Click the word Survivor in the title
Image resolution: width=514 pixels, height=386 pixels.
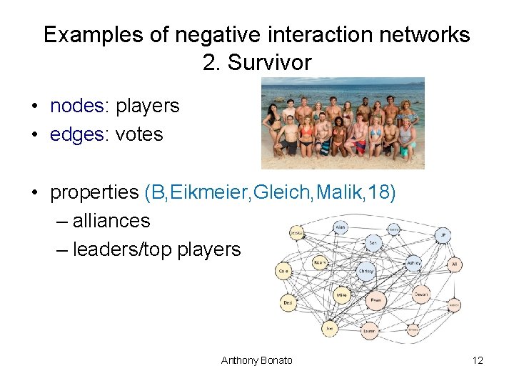pos(269,63)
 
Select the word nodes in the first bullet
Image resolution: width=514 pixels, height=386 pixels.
pos(76,106)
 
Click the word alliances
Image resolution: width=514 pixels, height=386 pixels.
pos(111,221)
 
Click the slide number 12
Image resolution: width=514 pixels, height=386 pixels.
pos(478,360)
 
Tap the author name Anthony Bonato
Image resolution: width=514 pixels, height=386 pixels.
pos(256,360)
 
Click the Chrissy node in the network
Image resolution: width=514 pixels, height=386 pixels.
pos(366,272)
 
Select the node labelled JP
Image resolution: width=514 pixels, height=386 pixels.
pos(443,234)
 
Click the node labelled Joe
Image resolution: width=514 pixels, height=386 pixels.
pos(329,328)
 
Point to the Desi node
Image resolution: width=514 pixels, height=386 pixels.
pos(288,303)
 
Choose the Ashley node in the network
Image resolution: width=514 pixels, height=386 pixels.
pos(413,263)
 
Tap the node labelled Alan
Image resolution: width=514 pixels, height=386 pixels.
pos(341,227)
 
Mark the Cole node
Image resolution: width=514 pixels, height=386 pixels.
pos(283,272)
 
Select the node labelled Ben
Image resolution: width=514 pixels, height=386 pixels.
pos(373,243)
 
